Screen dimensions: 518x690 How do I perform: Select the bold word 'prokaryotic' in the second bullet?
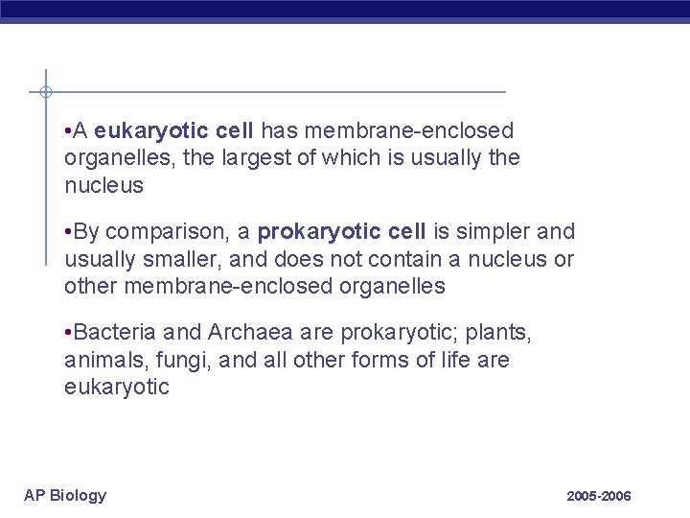[315, 232]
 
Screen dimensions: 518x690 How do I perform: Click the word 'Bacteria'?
[116, 334]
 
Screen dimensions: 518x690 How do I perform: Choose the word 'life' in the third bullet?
[440, 360]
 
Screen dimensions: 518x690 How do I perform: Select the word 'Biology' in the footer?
[79, 496]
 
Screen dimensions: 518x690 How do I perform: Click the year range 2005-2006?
[599, 497]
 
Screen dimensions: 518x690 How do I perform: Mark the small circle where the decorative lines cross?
[45, 92]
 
